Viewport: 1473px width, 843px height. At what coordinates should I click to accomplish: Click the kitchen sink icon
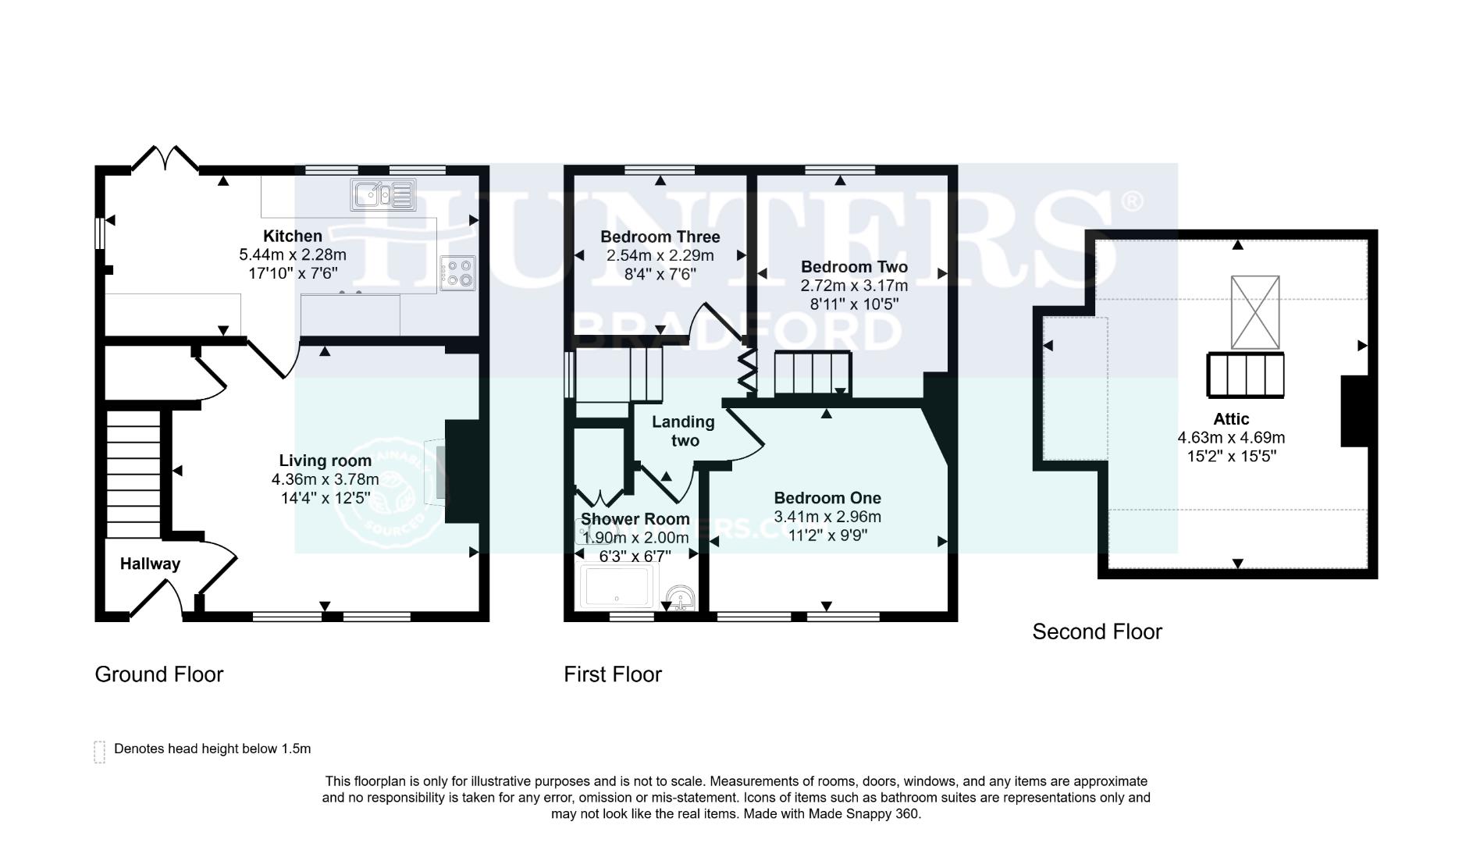click(x=382, y=194)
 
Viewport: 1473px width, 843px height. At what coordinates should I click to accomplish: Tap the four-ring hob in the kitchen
click(x=457, y=273)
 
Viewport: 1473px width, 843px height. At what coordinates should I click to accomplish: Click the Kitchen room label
click(x=292, y=236)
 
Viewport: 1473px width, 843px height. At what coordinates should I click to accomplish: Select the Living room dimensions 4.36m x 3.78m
click(x=325, y=479)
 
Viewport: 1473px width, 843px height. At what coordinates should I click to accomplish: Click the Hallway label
click(x=150, y=564)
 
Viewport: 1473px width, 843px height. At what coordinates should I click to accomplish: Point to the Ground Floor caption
click(x=158, y=674)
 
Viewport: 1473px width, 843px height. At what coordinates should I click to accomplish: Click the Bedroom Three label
click(x=660, y=237)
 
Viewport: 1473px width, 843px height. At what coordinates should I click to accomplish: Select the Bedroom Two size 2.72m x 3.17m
click(x=854, y=286)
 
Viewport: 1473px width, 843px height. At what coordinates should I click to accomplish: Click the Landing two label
click(x=683, y=431)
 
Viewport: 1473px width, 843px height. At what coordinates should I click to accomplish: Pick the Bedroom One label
click(x=827, y=497)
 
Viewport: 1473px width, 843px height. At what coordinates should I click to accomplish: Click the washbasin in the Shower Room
click(x=678, y=599)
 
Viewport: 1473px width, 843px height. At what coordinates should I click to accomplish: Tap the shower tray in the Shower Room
click(x=617, y=587)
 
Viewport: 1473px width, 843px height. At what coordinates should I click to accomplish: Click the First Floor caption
click(x=612, y=674)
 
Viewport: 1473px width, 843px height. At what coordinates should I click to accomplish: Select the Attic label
click(x=1231, y=418)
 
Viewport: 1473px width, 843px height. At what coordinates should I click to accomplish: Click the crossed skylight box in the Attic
click(x=1255, y=312)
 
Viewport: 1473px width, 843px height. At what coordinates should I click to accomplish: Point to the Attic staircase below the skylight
click(x=1246, y=375)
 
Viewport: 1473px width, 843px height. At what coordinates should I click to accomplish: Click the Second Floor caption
click(x=1097, y=631)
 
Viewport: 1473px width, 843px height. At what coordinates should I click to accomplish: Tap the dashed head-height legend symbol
click(x=99, y=752)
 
